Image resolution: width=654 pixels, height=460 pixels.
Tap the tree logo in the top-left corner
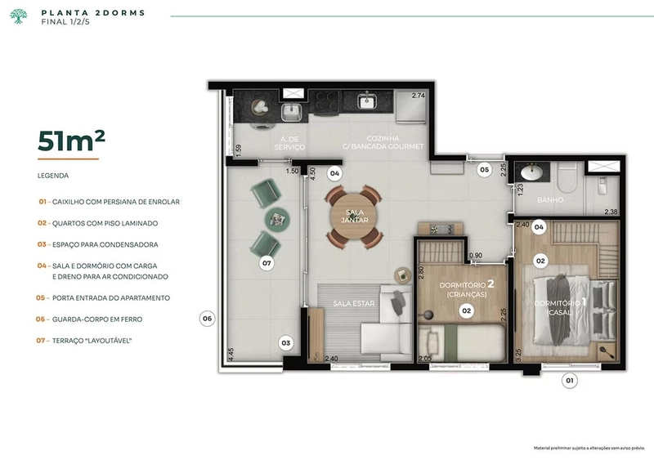pyautogui.click(x=18, y=16)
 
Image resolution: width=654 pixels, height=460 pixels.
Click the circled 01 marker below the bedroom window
pyautogui.click(x=570, y=379)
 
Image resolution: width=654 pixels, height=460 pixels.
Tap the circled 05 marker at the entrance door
pyautogui.click(x=483, y=170)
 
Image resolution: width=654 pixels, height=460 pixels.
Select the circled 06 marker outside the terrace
pyautogui.click(x=207, y=319)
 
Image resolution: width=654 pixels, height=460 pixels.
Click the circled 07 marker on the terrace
pyautogui.click(x=266, y=263)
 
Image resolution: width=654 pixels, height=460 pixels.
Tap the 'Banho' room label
pyautogui.click(x=546, y=199)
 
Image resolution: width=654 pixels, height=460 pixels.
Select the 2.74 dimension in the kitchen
pyautogui.click(x=419, y=96)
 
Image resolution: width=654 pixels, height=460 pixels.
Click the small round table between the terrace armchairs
pyautogui.click(x=279, y=218)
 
